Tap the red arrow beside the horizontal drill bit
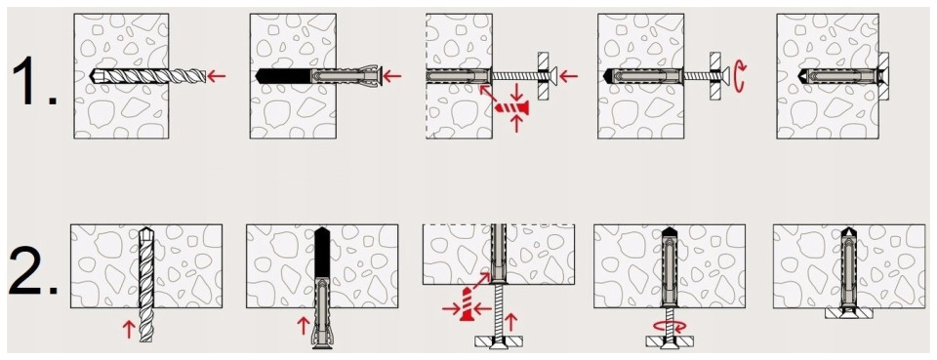[x=217, y=76]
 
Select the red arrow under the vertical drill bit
[x=127, y=329]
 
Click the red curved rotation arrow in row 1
[x=740, y=77]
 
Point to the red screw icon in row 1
[x=512, y=108]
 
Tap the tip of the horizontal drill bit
[x=90, y=76]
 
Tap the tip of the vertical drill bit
[x=145, y=227]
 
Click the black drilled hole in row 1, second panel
[x=281, y=76]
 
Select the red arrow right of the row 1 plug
[x=392, y=76]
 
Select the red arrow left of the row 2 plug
[x=303, y=326]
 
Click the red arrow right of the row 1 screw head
[x=569, y=76]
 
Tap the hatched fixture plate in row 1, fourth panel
[x=714, y=76]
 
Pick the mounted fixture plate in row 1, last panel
[x=884, y=76]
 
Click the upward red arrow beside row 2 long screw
[x=509, y=323]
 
